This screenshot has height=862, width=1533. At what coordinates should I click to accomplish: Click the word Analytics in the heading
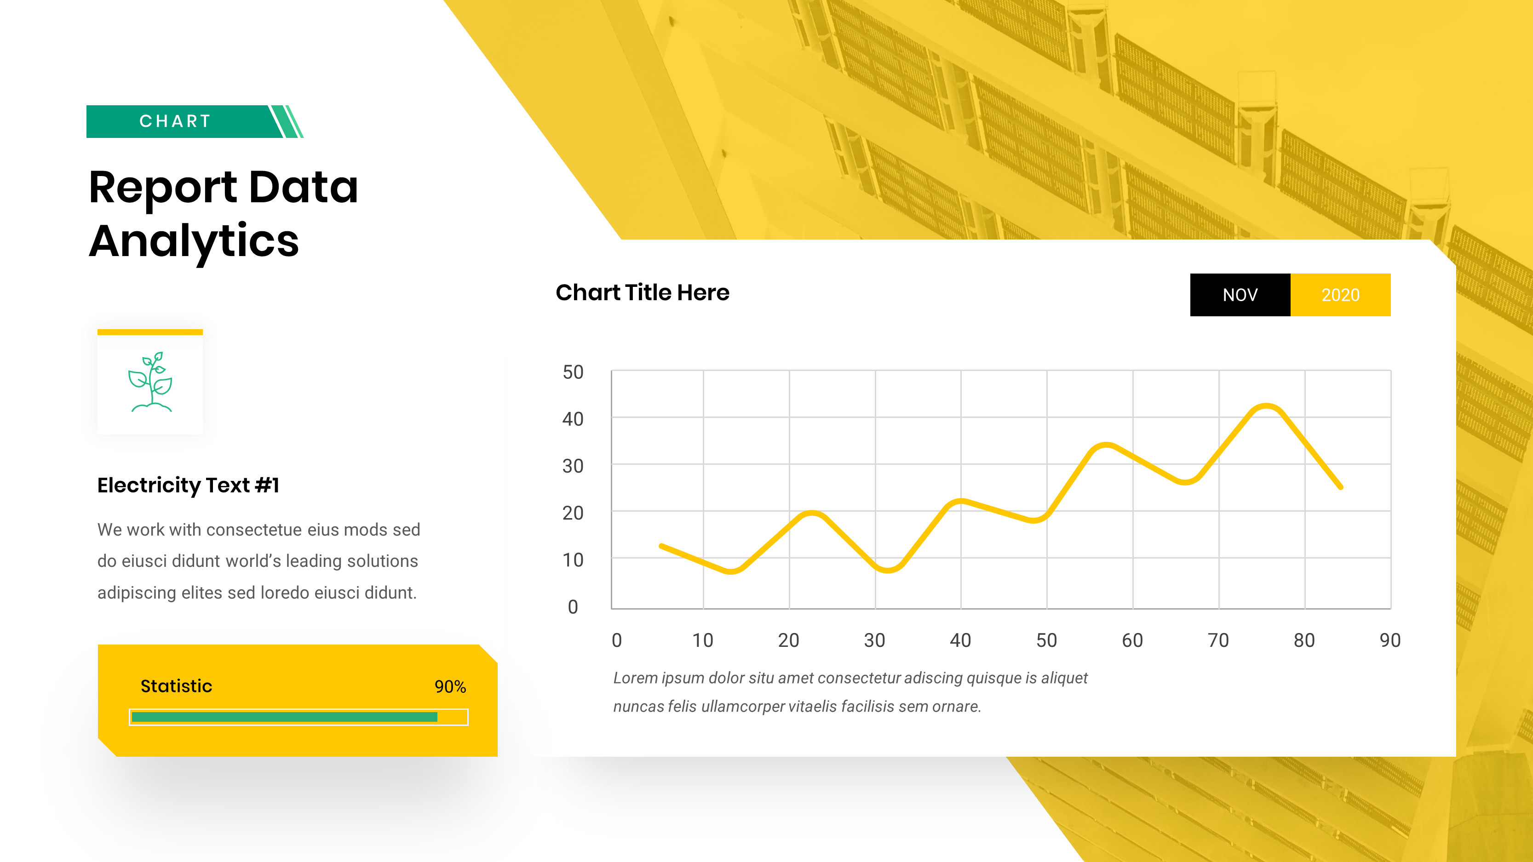[x=194, y=241]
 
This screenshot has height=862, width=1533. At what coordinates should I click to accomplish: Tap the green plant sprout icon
[x=150, y=382]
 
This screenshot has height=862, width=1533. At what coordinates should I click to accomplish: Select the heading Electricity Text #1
[x=188, y=485]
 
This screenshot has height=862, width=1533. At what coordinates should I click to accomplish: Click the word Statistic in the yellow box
[x=176, y=686]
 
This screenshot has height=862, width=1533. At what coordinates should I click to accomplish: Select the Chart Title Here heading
[x=642, y=293]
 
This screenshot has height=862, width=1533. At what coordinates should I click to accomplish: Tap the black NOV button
[x=1240, y=295]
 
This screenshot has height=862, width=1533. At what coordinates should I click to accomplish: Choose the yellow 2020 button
[x=1340, y=295]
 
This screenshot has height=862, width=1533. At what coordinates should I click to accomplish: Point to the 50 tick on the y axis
[x=573, y=372]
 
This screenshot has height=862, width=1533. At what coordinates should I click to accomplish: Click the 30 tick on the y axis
[x=573, y=466]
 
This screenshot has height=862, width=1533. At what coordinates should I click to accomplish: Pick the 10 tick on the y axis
[x=573, y=560]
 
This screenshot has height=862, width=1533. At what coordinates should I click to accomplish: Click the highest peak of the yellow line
[x=1266, y=407]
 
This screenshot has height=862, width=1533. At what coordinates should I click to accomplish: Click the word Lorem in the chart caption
[x=635, y=678]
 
